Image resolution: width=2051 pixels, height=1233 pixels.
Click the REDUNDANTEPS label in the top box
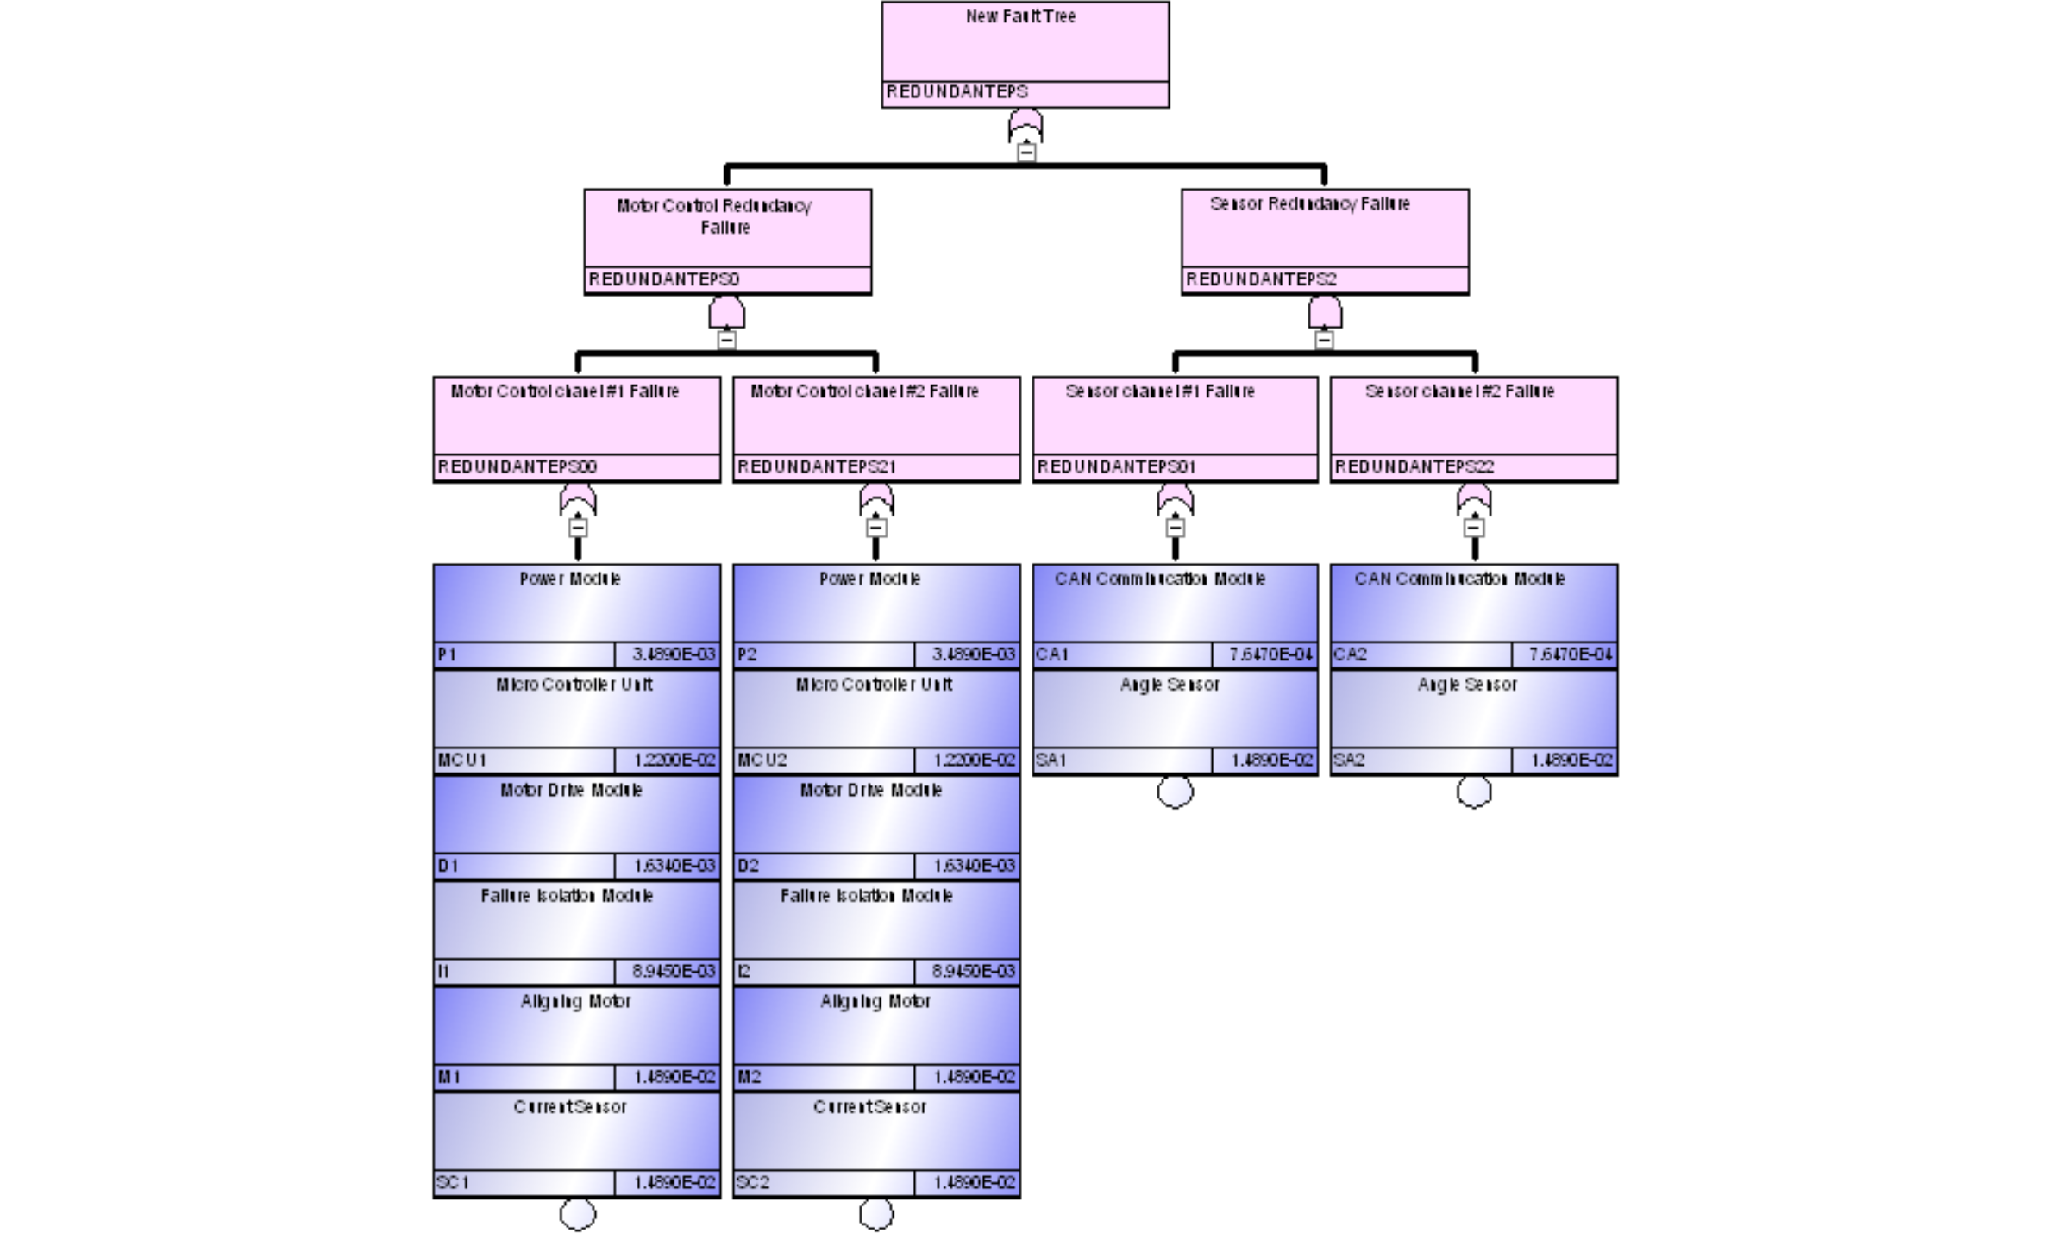957,92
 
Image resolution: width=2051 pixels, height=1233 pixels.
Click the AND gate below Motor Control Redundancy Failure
727,312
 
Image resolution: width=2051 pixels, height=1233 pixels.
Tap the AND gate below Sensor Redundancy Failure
1325,312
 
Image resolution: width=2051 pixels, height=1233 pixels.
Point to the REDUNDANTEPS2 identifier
1261,279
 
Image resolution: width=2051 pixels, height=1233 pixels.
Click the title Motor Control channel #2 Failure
864,391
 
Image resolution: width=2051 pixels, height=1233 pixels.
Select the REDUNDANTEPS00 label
517,466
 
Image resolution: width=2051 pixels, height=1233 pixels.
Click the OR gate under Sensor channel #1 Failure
1175,499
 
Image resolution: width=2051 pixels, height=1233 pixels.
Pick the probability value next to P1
674,654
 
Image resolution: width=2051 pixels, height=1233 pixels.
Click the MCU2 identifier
762,760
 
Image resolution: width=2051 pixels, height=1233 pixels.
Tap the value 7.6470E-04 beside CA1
1270,654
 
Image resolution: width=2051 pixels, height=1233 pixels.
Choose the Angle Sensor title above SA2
1467,685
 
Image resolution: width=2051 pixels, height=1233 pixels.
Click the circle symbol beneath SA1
1175,792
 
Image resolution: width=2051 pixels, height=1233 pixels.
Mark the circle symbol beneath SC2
876,1214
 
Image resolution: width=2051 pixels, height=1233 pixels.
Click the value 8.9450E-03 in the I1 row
674,971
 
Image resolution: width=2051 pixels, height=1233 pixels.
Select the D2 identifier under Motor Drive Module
749,866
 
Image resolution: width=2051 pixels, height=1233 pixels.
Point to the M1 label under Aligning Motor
449,1077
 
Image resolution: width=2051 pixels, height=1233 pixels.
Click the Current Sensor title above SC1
570,1107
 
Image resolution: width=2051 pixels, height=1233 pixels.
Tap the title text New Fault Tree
1020,16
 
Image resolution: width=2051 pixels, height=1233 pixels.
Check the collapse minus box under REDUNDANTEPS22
1474,527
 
